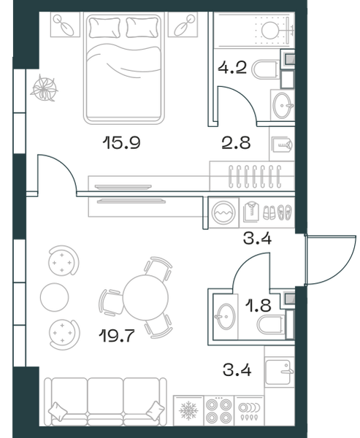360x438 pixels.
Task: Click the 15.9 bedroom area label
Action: (x=121, y=142)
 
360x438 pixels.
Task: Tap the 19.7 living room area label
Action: (x=117, y=336)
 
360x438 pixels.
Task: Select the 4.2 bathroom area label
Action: (x=232, y=67)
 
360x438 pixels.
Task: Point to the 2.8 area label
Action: (x=236, y=142)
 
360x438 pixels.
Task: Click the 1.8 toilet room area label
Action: (x=258, y=305)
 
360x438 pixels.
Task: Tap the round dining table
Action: (x=145, y=298)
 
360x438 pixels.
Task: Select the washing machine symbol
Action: (x=223, y=213)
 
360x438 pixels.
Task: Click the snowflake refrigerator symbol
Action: (x=188, y=410)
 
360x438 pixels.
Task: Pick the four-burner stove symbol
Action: (x=219, y=411)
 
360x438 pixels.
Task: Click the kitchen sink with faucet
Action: (x=278, y=372)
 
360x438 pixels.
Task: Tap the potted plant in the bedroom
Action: (x=44, y=88)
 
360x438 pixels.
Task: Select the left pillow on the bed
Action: (x=105, y=28)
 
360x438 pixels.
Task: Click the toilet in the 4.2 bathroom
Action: (x=266, y=70)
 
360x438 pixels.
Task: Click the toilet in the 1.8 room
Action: (x=271, y=325)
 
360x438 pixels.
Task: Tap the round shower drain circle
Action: (x=270, y=30)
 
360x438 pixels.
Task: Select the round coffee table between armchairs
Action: (x=55, y=297)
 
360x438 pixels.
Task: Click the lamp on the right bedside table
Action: (x=183, y=26)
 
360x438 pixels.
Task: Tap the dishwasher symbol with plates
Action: (x=249, y=411)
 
